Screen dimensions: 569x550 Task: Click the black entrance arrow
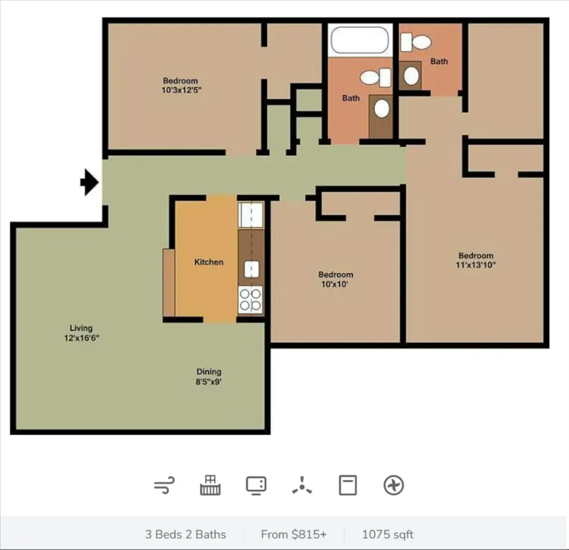pos(89,182)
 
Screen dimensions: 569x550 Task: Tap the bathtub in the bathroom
pos(360,40)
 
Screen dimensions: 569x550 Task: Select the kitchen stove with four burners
pos(250,299)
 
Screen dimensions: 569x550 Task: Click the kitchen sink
pos(251,269)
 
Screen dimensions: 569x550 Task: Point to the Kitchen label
pos(209,262)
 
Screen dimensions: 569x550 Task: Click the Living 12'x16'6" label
pos(82,333)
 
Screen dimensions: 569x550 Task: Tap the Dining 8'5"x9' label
pos(209,376)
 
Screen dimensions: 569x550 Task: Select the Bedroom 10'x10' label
pos(335,279)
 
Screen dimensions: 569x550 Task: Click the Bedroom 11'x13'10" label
pos(476,260)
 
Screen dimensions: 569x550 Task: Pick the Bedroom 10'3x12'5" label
pos(181,85)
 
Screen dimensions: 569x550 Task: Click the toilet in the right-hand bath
pos(416,42)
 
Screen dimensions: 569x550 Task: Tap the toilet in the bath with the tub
pos(375,77)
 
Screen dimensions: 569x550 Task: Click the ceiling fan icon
pos(302,485)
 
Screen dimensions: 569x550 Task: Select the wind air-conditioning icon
pos(164,485)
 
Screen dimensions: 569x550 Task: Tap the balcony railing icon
pos(210,485)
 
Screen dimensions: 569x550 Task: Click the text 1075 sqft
pos(388,534)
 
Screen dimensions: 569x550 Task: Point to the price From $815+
pos(294,534)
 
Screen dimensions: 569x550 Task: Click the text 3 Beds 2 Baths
pos(186,534)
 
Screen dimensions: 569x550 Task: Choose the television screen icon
pos(256,485)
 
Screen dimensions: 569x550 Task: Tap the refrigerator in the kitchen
pos(251,214)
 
